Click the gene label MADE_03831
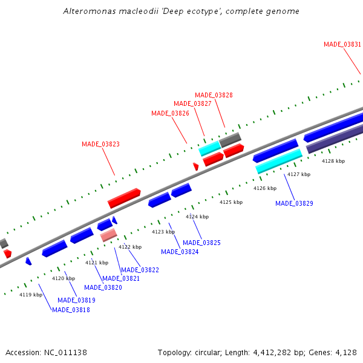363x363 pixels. point(342,44)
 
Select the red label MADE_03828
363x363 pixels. point(214,95)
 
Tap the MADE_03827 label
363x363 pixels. point(192,103)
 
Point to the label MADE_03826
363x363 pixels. point(170,113)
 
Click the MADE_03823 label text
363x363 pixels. point(100,144)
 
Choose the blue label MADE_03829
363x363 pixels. point(294,203)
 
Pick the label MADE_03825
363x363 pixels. point(201,243)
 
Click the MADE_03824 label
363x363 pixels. point(180,252)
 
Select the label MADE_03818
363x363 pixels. point(71,310)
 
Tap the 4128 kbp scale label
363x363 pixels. point(333,161)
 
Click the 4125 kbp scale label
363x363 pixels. point(231,202)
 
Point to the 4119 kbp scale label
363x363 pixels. point(31,295)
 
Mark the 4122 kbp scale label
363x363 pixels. point(129,247)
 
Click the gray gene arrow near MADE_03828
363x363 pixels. point(230,140)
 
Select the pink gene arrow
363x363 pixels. point(108,235)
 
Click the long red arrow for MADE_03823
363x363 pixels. point(124,197)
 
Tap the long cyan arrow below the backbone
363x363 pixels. point(279,160)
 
